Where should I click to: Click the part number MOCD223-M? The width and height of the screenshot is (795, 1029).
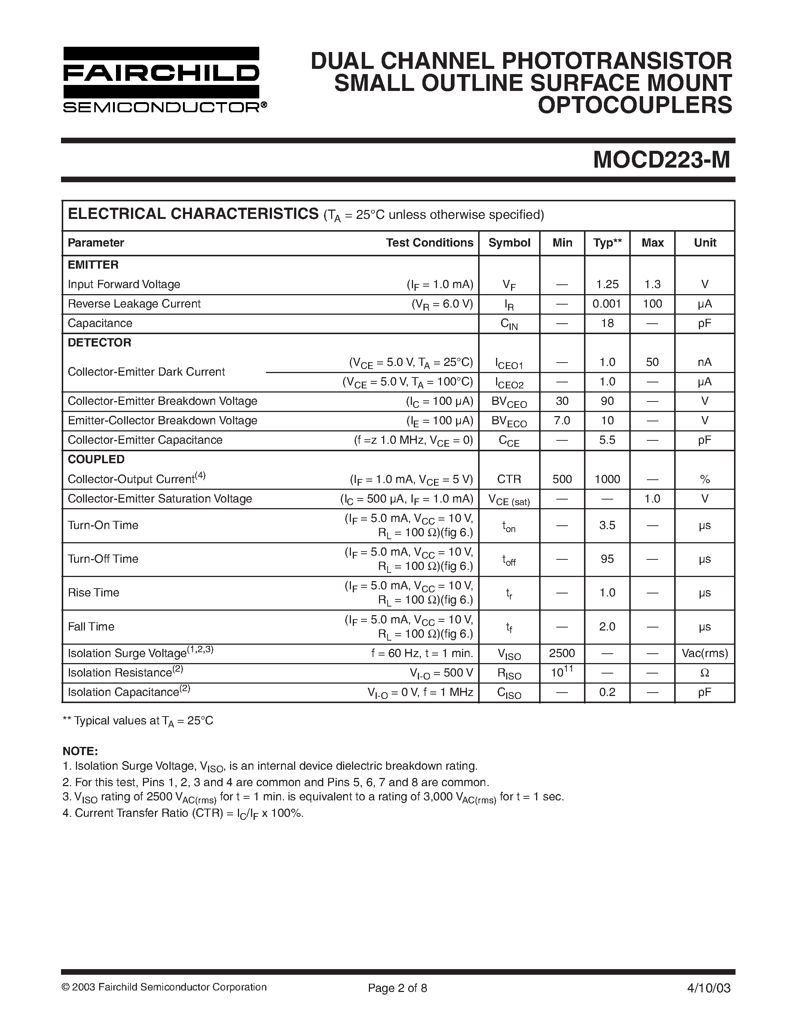point(661,160)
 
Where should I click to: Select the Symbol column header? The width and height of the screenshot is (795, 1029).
point(509,242)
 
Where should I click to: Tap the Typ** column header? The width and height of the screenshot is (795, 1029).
point(607,242)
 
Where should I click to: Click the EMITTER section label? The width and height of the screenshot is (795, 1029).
point(93,265)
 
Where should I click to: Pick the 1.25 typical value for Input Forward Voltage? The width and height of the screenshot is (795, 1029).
point(607,284)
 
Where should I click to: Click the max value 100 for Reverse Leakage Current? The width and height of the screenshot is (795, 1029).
point(652,304)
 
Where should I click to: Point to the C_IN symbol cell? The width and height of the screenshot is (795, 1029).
point(509,324)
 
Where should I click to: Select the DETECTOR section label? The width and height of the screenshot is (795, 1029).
point(100,342)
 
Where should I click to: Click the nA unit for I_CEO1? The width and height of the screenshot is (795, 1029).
point(704,362)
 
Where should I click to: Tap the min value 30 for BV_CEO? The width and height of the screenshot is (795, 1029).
point(562,401)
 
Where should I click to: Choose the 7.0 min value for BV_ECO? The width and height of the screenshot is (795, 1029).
point(562,420)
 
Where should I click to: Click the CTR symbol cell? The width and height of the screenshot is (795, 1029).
point(509,479)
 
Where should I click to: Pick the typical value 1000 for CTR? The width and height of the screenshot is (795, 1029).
point(607,479)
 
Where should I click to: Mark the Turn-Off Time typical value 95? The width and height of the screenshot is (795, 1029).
point(607,559)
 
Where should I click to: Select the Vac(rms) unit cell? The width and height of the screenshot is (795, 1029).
point(704,653)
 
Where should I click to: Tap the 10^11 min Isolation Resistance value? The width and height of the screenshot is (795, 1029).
point(562,672)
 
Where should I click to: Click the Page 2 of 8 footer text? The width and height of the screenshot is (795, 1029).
point(397,988)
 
